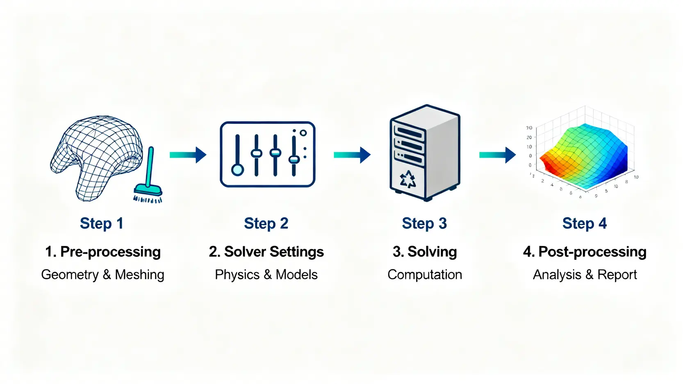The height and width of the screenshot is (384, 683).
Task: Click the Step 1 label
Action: pyautogui.click(x=101, y=223)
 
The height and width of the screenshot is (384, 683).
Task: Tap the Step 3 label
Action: pyautogui.click(x=424, y=223)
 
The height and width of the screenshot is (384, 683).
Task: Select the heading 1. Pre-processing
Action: pyautogui.click(x=102, y=252)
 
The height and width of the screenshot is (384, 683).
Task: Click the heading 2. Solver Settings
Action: pyautogui.click(x=266, y=252)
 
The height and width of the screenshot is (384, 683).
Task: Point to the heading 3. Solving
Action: pyautogui.click(x=424, y=252)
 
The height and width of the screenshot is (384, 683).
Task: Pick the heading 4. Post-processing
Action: pyautogui.click(x=584, y=252)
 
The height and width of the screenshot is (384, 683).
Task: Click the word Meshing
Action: pyautogui.click(x=139, y=275)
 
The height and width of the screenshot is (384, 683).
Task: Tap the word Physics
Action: pyautogui.click(x=237, y=275)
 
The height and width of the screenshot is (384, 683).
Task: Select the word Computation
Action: pyautogui.click(x=424, y=275)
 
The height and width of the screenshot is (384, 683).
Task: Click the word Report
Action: pyautogui.click(x=617, y=275)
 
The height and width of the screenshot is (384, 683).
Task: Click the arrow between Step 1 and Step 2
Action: pyautogui.click(x=188, y=155)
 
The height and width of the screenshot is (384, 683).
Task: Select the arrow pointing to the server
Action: pyautogui.click(x=352, y=155)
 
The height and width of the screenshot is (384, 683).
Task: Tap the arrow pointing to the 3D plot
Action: pyautogui.click(x=497, y=155)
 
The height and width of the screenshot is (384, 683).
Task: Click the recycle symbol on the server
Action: pyautogui.click(x=408, y=180)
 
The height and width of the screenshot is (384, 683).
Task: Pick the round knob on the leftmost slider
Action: pyautogui.click(x=237, y=169)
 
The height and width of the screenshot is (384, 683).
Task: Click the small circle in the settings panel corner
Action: pyautogui.click(x=303, y=133)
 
